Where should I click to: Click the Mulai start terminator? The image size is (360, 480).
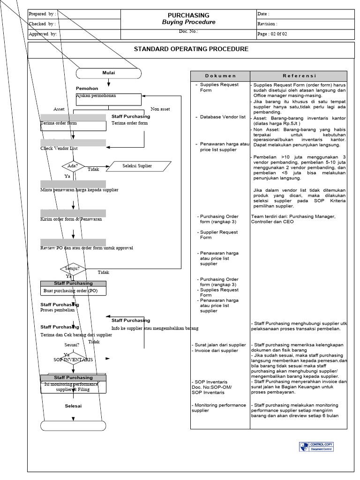click(108, 73)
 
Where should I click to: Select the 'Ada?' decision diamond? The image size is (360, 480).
click(73, 166)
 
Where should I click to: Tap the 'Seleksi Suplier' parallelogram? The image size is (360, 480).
click(137, 166)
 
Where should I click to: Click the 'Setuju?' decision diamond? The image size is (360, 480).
click(73, 270)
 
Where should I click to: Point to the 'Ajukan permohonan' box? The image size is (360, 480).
click(108, 99)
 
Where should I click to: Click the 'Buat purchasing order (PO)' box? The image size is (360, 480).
click(73, 291)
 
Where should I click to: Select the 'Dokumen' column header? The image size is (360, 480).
click(220, 76)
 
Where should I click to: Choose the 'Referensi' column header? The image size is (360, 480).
click(299, 76)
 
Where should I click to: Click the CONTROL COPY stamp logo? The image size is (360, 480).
click(316, 447)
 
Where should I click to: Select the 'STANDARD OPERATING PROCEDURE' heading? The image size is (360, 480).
click(191, 49)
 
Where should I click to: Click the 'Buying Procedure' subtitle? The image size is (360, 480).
click(188, 22)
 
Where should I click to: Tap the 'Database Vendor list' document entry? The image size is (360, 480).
click(222, 117)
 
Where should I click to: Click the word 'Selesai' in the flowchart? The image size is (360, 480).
click(73, 406)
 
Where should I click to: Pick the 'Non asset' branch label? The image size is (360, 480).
click(160, 109)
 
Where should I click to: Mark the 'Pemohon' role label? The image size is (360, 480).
click(87, 89)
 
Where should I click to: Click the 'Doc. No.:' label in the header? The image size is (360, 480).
click(188, 31)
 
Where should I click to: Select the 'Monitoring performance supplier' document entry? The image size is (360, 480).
click(218, 408)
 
